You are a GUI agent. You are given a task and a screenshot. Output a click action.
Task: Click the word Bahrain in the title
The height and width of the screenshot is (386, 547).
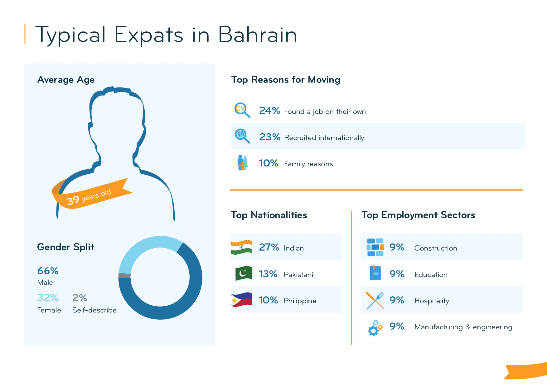click(x=257, y=35)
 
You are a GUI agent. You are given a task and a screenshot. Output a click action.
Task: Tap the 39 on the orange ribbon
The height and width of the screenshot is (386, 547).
click(x=73, y=200)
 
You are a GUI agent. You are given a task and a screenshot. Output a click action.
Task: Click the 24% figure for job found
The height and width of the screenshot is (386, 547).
click(x=269, y=111)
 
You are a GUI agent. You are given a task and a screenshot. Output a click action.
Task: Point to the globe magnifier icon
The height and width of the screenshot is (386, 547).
click(x=242, y=136)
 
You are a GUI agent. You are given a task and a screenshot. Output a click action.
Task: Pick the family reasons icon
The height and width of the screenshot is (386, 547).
click(x=243, y=163)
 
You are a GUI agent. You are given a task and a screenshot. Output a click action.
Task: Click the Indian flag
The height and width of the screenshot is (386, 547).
click(x=241, y=247)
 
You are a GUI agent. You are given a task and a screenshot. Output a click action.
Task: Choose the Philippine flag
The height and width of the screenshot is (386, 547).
click(x=241, y=299)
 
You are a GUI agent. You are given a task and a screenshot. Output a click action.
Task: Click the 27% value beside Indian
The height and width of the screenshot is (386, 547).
click(x=269, y=247)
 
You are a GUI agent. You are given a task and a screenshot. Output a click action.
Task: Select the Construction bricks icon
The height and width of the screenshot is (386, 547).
click(x=375, y=247)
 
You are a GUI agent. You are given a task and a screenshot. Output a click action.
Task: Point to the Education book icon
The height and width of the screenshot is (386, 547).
click(x=375, y=273)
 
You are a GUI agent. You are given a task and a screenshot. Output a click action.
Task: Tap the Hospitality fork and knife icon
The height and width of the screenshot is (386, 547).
click(x=375, y=300)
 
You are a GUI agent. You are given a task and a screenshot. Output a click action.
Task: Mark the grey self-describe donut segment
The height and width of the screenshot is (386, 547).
click(x=124, y=275)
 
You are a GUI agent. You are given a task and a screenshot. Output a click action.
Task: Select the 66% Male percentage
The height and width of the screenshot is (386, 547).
click(x=48, y=271)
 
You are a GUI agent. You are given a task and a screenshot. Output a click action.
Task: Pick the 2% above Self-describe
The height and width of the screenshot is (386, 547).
click(x=80, y=298)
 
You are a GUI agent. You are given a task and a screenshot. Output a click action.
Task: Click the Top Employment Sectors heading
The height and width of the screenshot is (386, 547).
click(x=418, y=215)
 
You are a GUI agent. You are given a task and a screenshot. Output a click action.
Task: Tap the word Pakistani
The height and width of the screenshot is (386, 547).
click(x=298, y=275)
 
